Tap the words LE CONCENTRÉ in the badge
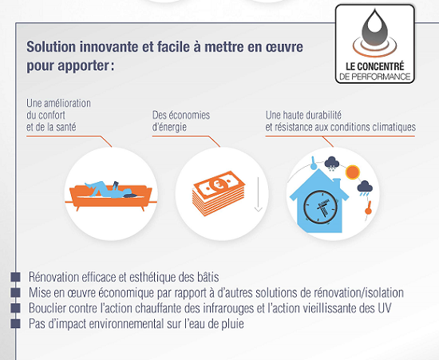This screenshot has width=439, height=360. [x=375, y=66]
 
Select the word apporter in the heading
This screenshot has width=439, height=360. [x=83, y=66]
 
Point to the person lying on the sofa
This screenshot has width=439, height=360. [x=111, y=190]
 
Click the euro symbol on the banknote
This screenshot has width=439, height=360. [x=218, y=184]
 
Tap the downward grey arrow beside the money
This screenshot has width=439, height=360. [x=258, y=194]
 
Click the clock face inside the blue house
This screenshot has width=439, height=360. [x=320, y=207]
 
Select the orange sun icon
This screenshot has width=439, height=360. [x=352, y=172]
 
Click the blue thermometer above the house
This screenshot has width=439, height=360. [x=314, y=163]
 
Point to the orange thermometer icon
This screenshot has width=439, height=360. [x=369, y=208]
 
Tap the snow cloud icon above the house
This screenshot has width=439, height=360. [x=332, y=163]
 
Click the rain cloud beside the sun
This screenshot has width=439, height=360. [x=365, y=188]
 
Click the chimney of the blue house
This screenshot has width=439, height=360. [x=337, y=183]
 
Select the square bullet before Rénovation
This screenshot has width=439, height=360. [x=15, y=277]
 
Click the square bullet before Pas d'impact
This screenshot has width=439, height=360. [x=15, y=323]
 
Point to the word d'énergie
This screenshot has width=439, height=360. [x=169, y=127]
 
